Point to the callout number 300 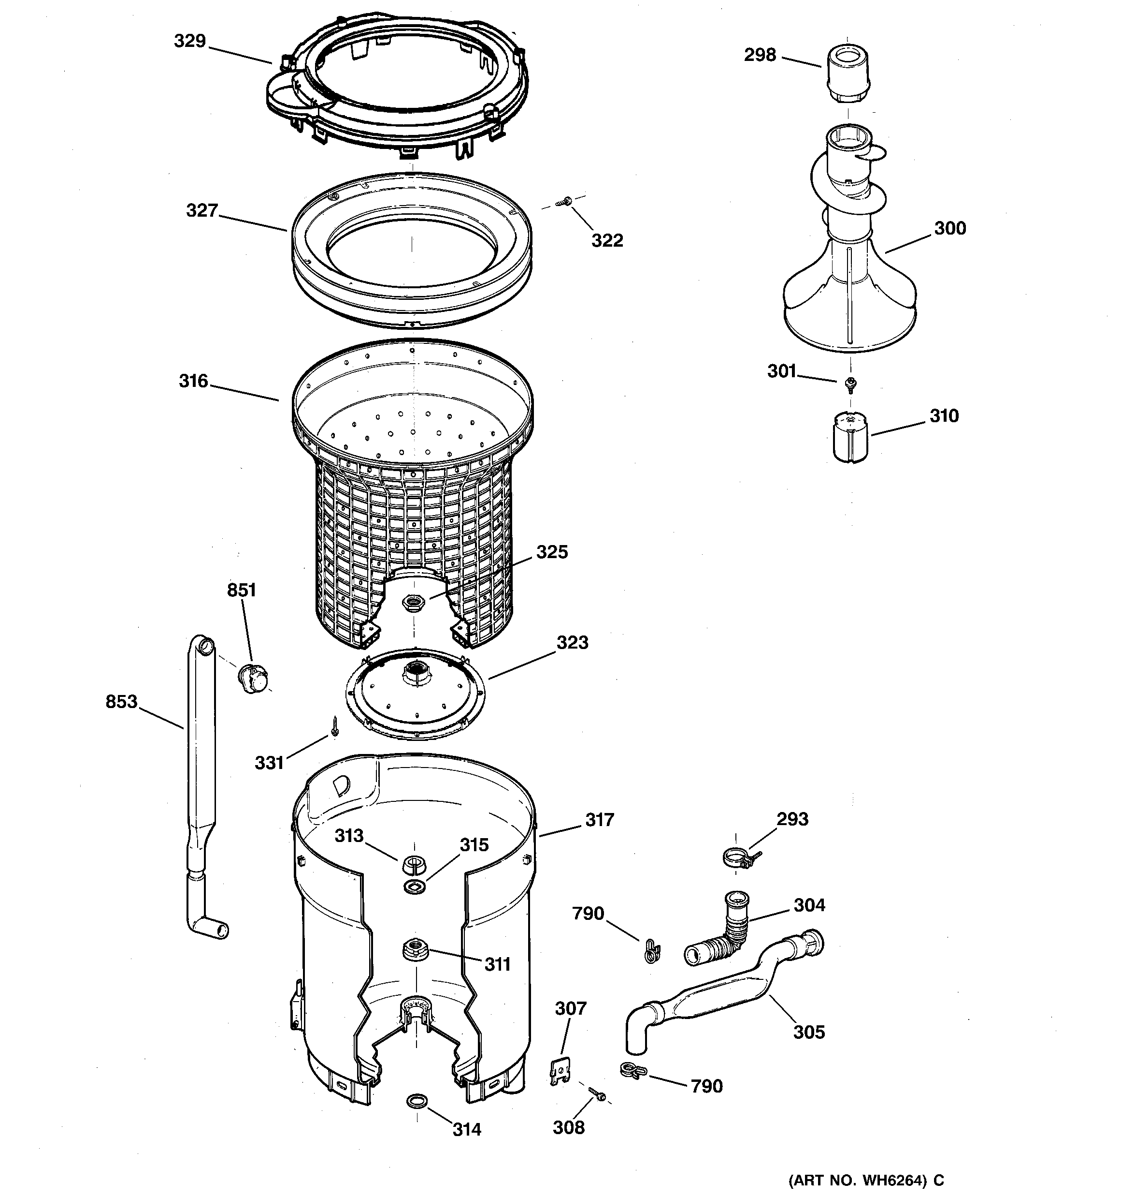click(949, 228)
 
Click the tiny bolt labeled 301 click(850, 383)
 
